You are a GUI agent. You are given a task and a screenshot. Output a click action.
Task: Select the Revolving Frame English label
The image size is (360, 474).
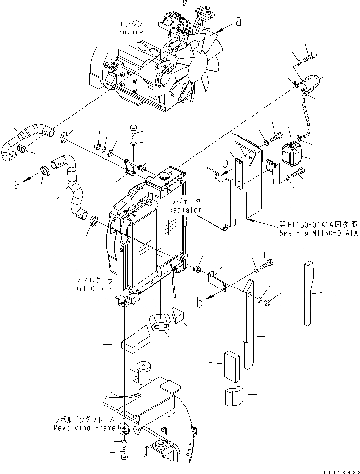(x=85, y=428)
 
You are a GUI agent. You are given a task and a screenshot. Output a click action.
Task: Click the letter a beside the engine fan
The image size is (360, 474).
(x=238, y=21)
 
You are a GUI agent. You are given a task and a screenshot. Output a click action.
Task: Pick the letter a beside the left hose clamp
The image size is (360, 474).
(x=18, y=184)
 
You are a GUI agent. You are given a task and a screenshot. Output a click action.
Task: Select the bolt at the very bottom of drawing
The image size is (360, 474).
(x=125, y=456)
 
